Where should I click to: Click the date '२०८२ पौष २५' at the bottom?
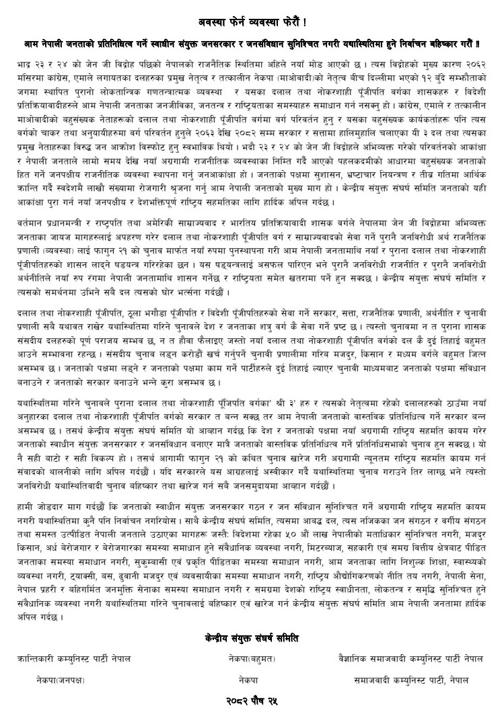[252, 701]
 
